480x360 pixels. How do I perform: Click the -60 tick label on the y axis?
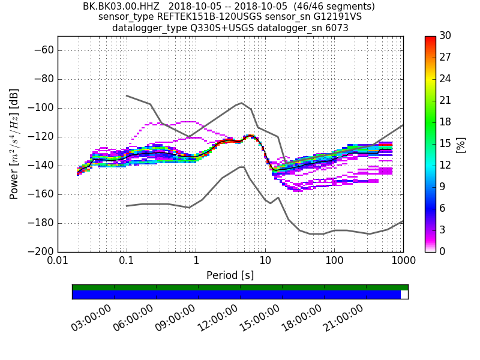[x=43, y=50]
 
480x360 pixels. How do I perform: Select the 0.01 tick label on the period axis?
[x=58, y=261]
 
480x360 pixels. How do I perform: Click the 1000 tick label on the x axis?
[x=403, y=261]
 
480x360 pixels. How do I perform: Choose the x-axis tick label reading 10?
[x=265, y=261]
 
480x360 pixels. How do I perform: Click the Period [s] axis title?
[x=230, y=275]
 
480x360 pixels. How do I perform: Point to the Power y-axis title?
[x=14, y=144]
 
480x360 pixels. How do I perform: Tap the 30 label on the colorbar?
[x=445, y=36]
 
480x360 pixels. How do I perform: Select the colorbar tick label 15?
[x=445, y=143]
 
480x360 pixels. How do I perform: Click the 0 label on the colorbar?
[x=442, y=251]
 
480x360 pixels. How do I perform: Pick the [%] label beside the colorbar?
[x=461, y=144]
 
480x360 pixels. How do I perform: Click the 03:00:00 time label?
[x=91, y=317]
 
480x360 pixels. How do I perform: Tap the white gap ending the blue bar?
[x=404, y=295]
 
